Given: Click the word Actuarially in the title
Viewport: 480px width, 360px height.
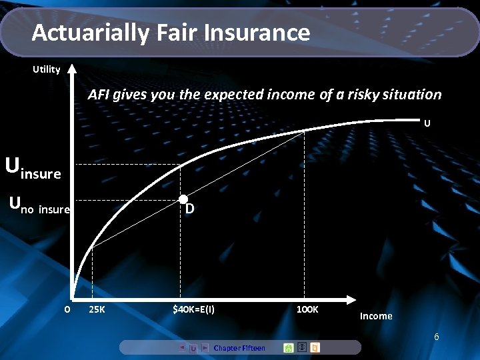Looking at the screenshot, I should tap(90, 32).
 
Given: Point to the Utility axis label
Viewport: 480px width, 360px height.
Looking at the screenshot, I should tap(47, 69).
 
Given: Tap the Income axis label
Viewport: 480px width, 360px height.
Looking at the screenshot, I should tap(376, 316).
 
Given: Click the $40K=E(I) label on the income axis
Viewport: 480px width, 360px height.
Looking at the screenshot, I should tap(193, 309).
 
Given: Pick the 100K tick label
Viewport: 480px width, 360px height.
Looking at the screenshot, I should tap(308, 309).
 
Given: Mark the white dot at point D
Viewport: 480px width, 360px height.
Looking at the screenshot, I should tap(182, 200).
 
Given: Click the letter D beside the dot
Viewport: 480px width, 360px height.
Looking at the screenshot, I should tap(190, 209).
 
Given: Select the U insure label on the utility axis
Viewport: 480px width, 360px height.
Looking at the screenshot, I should tap(33, 168).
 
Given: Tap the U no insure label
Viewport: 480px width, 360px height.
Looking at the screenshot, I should tap(39, 207).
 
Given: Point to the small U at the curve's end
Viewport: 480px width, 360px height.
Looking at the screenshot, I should tap(427, 123).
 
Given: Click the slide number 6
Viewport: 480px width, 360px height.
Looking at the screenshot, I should tap(436, 337).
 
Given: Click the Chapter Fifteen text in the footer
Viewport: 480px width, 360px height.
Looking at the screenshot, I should tap(239, 348).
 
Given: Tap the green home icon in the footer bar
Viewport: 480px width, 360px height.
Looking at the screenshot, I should tap(289, 347).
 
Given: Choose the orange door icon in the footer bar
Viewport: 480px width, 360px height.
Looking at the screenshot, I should tap(315, 347).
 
